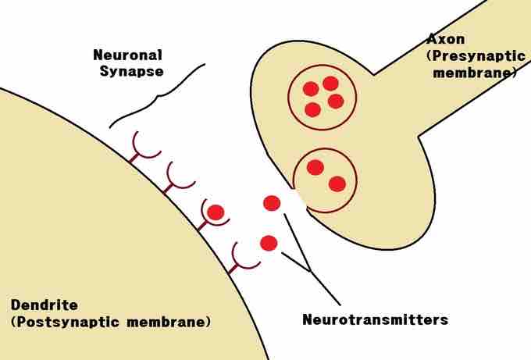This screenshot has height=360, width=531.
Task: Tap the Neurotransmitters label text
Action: (x=375, y=319)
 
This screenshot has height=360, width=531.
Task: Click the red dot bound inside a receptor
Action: (x=216, y=211)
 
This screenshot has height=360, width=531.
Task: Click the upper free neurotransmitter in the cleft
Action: (x=272, y=203)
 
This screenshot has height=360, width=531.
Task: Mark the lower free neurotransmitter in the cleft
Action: (x=269, y=243)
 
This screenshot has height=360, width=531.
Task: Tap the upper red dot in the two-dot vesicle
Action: (x=315, y=167)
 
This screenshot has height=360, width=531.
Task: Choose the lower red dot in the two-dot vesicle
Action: (x=337, y=184)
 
